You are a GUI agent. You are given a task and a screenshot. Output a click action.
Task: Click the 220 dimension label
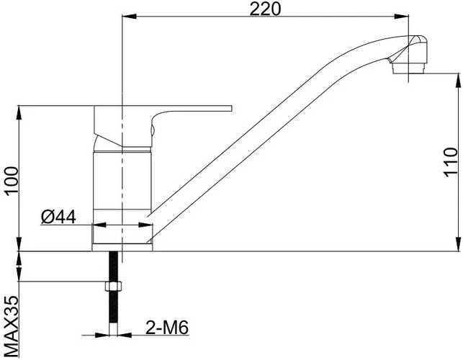[265, 9]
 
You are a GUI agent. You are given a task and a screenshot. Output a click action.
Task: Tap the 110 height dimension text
[451, 162]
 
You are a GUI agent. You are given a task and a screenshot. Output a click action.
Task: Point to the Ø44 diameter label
[58, 217]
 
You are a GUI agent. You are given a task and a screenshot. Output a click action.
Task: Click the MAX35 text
[12, 327]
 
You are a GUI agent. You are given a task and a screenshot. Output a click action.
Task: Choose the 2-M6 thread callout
[167, 327]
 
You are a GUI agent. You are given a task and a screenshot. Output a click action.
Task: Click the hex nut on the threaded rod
[113, 286]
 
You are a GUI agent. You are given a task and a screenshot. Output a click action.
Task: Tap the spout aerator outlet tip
[409, 69]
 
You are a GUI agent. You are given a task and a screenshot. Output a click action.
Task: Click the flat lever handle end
[229, 108]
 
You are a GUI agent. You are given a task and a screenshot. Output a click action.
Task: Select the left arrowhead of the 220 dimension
[129, 17]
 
